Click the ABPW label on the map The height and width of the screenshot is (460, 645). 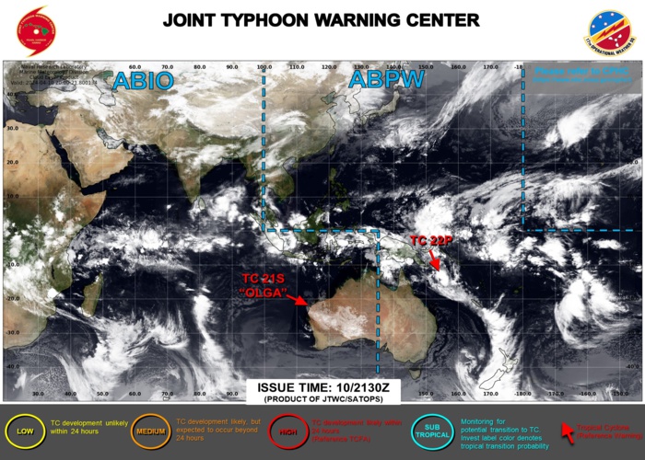tap(385, 80)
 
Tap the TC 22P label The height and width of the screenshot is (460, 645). tap(432, 240)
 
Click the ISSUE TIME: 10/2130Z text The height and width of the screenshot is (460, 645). tap(316, 387)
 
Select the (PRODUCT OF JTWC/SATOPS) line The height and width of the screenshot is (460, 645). tap(316, 398)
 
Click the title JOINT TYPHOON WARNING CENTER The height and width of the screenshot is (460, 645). tap(321, 20)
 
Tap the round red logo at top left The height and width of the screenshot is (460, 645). tap(36, 29)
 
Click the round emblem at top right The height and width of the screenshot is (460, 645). tap(609, 31)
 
